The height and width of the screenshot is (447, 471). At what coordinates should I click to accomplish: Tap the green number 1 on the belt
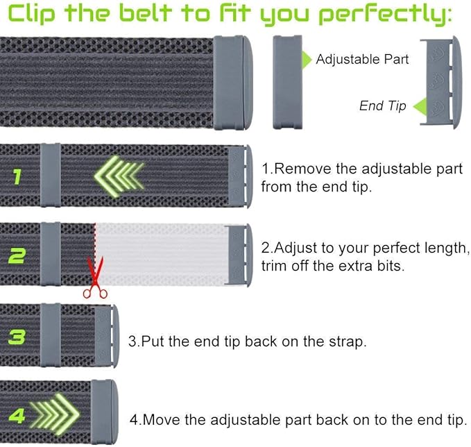point(17,176)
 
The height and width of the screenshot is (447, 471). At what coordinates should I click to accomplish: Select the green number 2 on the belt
point(17,256)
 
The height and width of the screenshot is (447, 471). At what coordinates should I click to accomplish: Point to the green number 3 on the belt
point(17,337)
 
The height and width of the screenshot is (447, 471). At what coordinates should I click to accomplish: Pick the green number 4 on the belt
point(17,416)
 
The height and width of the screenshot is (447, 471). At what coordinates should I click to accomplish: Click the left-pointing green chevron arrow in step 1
point(119,176)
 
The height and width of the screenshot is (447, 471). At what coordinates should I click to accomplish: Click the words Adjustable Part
point(362,59)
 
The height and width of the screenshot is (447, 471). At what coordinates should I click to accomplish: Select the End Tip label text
point(383,106)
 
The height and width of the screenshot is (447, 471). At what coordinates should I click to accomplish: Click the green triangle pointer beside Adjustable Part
point(307,60)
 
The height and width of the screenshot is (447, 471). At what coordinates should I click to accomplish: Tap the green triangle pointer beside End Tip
point(420,106)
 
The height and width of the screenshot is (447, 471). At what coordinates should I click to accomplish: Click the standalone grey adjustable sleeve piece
point(287,82)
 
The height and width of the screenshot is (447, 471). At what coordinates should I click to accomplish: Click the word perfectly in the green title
point(384,15)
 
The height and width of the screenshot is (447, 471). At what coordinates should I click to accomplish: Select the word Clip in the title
point(31,14)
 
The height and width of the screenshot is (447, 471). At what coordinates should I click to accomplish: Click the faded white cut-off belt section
point(162,255)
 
